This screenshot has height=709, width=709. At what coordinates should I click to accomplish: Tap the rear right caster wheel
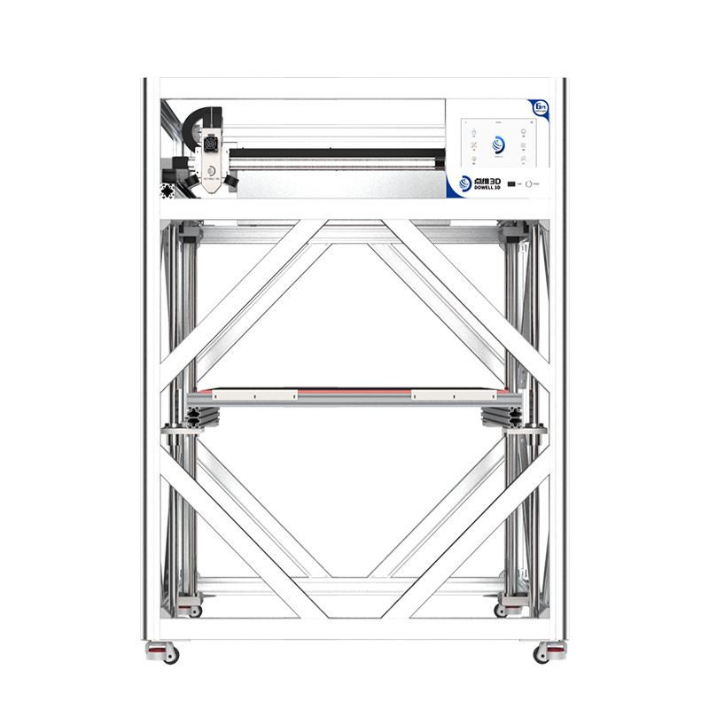(513, 611)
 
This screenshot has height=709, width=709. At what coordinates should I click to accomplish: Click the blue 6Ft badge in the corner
(540, 106)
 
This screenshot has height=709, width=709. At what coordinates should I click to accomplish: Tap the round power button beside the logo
(528, 184)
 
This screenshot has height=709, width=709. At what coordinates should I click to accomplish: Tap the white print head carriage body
(213, 164)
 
